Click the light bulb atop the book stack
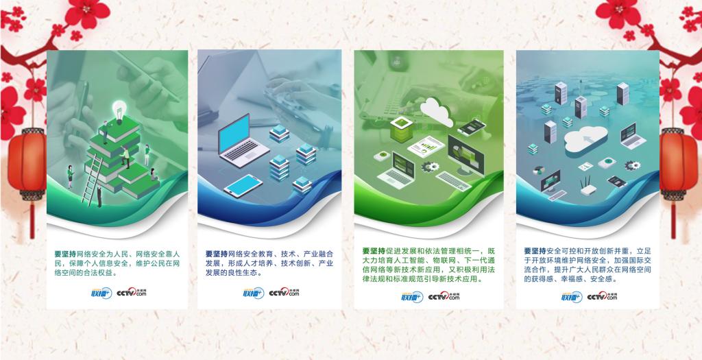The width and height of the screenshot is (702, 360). pos(119,112)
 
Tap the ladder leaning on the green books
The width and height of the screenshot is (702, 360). pos(92,180)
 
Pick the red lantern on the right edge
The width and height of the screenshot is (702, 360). pos(679,167)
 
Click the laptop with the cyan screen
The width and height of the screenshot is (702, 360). pos(242,141)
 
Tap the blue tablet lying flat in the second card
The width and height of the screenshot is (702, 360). pos(243,186)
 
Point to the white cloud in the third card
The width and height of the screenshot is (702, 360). pos(437,112)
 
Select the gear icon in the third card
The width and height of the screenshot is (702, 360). pos(431,167)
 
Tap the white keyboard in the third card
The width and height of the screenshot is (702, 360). pos(454,181)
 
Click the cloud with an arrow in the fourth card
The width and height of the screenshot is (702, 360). pos(585,140)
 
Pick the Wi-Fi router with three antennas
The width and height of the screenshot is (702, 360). pos(590,187)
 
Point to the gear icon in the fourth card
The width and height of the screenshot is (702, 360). pos(632,165)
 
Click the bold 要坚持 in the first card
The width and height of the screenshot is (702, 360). pos(65,254)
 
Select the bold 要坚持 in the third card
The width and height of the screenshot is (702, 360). pos(374,251)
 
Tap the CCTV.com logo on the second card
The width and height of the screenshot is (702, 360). pos(284,292)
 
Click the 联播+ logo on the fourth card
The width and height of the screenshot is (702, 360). pos(572,296)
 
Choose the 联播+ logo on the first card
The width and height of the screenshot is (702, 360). pos(101,293)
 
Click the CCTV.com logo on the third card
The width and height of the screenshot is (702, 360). pos(444,296)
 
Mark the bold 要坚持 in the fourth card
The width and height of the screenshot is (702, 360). pos(535,251)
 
